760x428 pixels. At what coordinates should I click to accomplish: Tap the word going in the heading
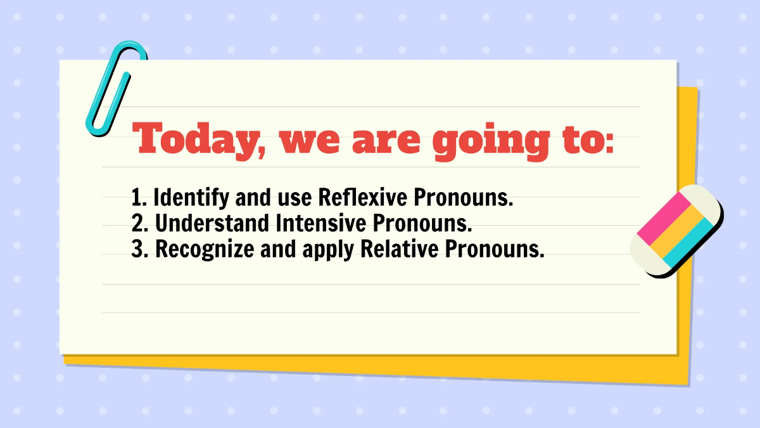[x=491, y=141]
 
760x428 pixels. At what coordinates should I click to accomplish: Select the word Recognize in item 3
[x=206, y=250]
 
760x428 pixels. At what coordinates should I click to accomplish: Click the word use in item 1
[x=294, y=198]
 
